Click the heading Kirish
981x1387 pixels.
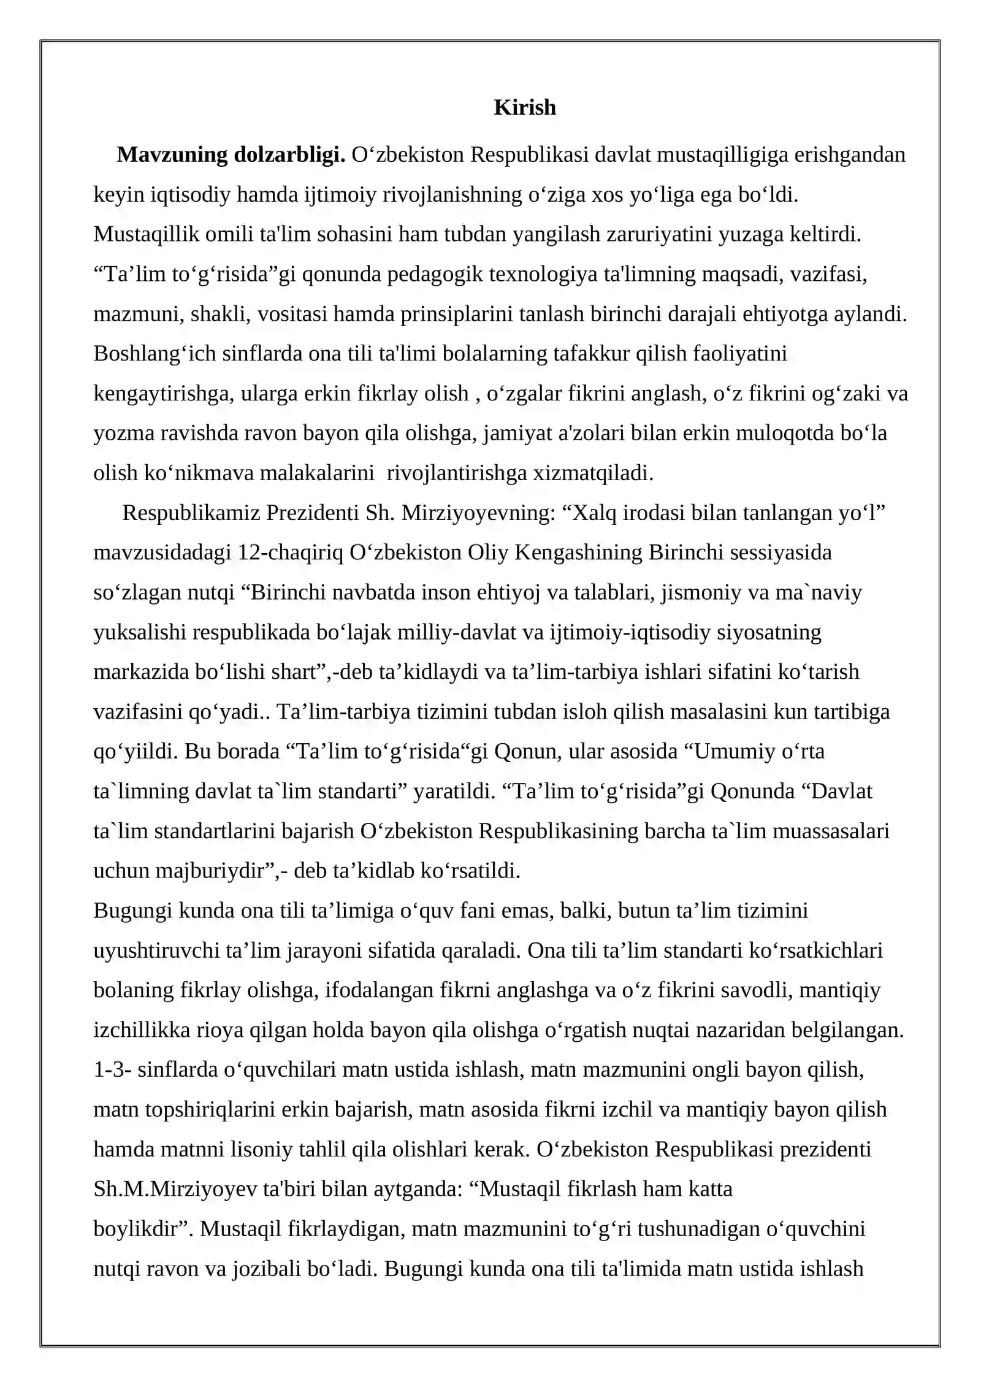(524, 107)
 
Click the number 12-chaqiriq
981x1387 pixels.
(290, 552)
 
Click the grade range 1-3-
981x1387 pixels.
(112, 1069)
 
